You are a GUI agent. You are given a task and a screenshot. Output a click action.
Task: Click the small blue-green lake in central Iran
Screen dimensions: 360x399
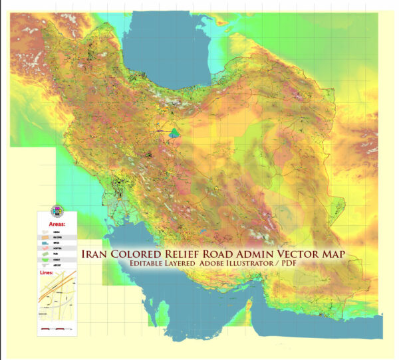pyautogui.click(x=174, y=134)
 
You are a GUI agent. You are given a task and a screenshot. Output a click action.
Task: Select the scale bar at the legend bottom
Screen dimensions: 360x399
pyautogui.click(x=56, y=329)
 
